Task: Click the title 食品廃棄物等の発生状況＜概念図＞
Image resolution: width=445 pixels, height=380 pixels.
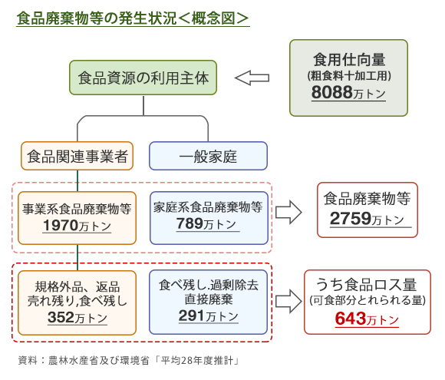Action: coord(133,18)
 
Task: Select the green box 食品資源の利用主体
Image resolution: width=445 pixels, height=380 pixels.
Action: coord(143,78)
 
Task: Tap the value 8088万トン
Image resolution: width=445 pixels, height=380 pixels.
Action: coord(348,93)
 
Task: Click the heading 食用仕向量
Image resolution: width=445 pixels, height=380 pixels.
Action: coord(349,60)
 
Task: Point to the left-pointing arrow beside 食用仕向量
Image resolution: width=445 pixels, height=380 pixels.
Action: coord(252,78)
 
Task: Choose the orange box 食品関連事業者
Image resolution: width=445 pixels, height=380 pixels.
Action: coord(77,156)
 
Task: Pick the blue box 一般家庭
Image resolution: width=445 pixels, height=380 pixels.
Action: coord(209,156)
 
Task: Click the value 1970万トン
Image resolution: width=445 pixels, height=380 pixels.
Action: coord(77,226)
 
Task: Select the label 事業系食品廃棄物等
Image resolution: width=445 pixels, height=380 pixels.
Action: coord(77,209)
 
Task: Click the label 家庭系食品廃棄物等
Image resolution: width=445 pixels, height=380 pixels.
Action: coord(208,207)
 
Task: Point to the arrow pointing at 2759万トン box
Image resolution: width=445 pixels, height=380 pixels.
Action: coord(288,212)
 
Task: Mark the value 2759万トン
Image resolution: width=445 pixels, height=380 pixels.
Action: coord(367,219)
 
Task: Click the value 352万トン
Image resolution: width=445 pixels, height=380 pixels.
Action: coord(77,318)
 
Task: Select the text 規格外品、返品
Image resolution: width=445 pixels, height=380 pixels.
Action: coord(77,287)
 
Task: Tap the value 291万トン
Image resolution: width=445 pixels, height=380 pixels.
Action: coord(209,316)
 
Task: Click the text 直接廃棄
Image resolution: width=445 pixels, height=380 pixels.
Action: coord(209,299)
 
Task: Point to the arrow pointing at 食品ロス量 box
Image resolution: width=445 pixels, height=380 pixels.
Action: coord(288,302)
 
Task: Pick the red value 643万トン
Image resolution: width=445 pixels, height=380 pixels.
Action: coord(367,319)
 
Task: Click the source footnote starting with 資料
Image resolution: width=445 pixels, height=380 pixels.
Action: coord(129,361)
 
